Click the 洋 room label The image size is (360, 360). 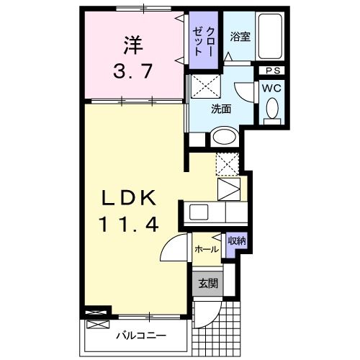tap(132, 45)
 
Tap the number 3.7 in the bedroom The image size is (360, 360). tap(132, 72)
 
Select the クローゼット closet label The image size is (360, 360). tap(204, 43)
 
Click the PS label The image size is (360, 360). tap(273, 71)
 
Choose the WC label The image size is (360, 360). tap(272, 88)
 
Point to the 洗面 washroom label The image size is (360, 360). tap(221, 109)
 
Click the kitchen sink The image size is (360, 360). tap(199, 213)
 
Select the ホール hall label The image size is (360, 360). tap(207, 249)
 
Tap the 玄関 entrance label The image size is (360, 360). tap(206, 282)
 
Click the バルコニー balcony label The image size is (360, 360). tap(141, 336)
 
